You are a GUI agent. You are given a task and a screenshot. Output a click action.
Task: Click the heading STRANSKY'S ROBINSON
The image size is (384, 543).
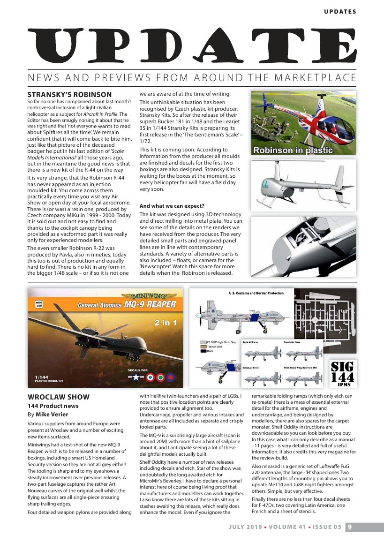tap(69, 95)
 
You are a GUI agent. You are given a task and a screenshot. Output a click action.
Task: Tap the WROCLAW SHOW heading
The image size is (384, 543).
tap(56, 398)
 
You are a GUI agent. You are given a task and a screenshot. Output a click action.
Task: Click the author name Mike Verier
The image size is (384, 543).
tap(52, 415)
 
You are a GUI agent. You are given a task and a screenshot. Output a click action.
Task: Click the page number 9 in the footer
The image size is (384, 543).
tap(350, 527)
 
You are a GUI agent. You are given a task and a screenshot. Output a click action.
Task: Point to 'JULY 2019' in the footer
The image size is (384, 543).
tap(245, 527)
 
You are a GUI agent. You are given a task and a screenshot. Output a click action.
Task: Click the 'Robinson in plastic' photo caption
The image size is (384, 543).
tap(293, 151)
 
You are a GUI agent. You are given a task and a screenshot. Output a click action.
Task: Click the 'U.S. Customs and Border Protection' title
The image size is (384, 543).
tap(256, 293)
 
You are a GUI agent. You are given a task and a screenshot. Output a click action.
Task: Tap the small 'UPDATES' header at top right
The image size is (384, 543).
tap(340, 12)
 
